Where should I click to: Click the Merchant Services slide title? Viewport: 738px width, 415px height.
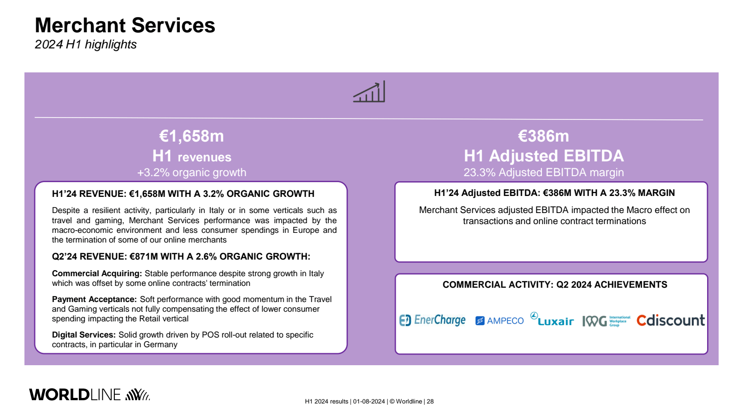[125, 25]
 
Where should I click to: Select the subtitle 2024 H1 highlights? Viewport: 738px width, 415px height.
[86, 44]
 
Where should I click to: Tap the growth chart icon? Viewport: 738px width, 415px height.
[369, 92]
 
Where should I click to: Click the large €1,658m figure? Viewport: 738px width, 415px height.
[191, 136]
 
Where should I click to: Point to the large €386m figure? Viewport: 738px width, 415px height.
[543, 136]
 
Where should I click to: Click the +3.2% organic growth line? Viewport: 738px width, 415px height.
[191, 172]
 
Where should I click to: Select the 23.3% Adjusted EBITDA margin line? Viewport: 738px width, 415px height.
[544, 172]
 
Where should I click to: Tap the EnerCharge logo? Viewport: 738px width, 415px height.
[432, 320]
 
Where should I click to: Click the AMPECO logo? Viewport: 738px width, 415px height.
[500, 320]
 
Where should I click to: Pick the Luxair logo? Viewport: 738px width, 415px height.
[552, 319]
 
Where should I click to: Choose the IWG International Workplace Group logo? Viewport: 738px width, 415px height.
[606, 321]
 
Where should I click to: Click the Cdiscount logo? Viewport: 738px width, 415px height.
[671, 320]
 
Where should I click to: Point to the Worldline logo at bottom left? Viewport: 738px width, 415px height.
[89, 395]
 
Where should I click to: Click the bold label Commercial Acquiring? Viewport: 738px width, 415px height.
[97, 273]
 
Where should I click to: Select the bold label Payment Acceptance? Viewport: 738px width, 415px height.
[94, 299]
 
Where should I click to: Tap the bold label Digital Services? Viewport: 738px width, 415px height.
[83, 335]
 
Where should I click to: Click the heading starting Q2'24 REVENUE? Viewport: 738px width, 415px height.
[181, 256]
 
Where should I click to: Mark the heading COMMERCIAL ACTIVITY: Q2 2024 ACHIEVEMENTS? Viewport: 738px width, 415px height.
[555, 285]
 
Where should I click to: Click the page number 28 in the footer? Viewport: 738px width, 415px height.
[430, 402]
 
